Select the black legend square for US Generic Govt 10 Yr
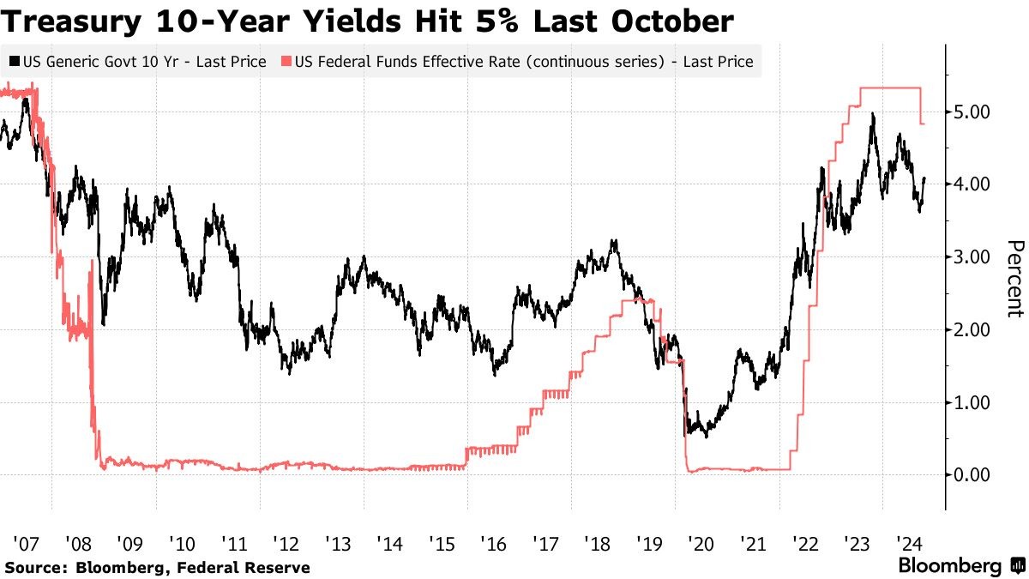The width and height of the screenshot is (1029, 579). pos(15,62)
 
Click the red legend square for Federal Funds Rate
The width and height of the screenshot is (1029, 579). pos(287,62)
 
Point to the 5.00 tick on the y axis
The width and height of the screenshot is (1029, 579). pos(972,112)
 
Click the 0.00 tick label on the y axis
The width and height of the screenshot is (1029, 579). pos(972,475)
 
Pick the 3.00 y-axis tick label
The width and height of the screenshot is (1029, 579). pos(972,257)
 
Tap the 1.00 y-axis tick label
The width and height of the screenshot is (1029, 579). pos(972,402)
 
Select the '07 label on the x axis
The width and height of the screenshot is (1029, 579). pos(25,543)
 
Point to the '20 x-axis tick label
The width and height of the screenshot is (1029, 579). pos(701,543)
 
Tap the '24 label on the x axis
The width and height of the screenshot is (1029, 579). pos(908,543)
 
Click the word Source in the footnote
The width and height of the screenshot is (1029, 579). pos(35,567)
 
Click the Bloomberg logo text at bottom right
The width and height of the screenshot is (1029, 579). pos(949,566)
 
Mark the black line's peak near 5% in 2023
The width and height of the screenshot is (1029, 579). pos(872,114)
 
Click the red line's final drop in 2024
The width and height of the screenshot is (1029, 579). pos(921,107)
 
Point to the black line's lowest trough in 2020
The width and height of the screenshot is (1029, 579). pos(706,437)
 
